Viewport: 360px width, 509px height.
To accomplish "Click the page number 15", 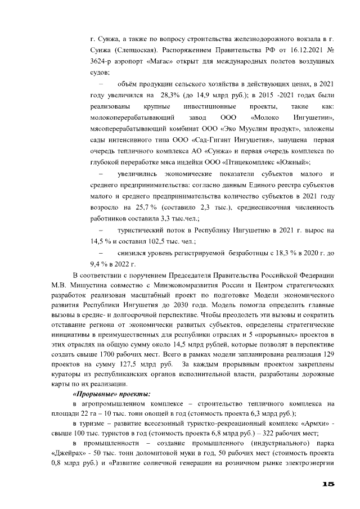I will [x=328, y=484].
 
